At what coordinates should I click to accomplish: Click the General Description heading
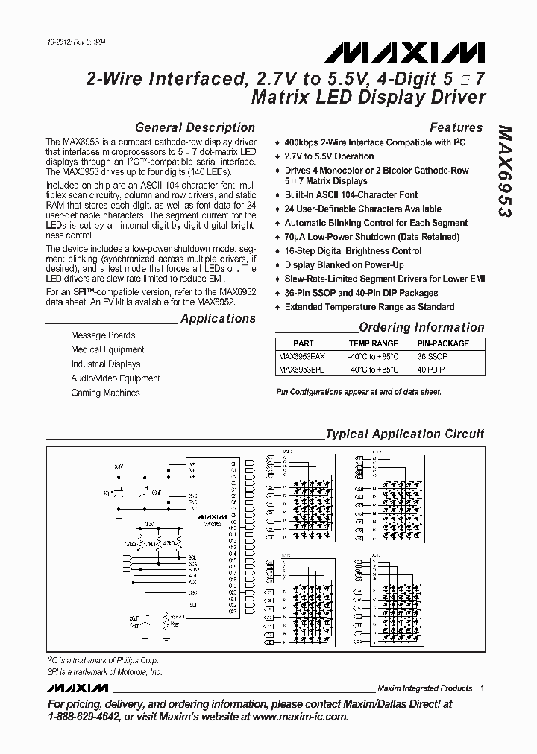tap(195, 127)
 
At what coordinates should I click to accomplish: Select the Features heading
tap(456, 127)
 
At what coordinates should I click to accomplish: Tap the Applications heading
tap(218, 319)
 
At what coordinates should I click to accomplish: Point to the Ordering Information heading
tap(421, 327)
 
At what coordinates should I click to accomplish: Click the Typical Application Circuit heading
tap(404, 434)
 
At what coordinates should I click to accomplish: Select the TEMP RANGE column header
tap(373, 343)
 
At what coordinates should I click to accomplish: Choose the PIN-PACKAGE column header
tap(443, 343)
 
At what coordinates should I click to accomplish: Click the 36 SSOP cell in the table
tap(433, 357)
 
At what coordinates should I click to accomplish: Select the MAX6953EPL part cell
tap(302, 370)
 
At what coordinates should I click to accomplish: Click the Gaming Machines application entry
tap(105, 393)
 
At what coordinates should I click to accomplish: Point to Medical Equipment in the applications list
tap(107, 349)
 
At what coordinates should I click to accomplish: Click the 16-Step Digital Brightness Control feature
tap(353, 251)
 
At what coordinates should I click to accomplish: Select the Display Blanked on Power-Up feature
tap(345, 264)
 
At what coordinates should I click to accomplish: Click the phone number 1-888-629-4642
tap(90, 717)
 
